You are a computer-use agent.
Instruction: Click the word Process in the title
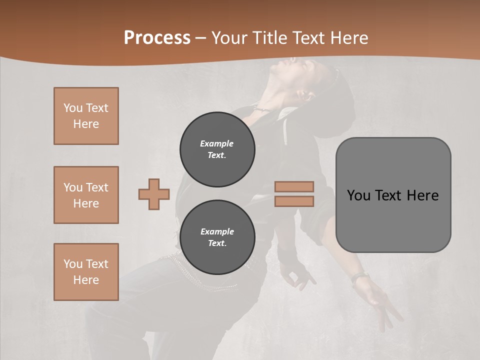pos(157,37)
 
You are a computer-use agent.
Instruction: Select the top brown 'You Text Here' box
pos(86,116)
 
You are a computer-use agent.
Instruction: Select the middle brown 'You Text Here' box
pos(86,195)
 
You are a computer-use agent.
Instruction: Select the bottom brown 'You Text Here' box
pos(86,271)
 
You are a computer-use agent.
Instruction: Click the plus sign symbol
pos(154,194)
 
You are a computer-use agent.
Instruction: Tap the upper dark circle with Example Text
pos(217,149)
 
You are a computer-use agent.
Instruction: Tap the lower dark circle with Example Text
pos(217,237)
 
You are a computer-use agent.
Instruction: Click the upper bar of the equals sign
pos(294,187)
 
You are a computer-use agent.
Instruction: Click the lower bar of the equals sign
pos(294,201)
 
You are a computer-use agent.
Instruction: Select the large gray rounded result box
pos(393,220)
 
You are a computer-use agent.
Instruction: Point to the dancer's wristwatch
pos(360,276)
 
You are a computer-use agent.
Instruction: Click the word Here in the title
pos(349,37)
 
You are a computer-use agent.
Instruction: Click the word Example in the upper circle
pos(217,143)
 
